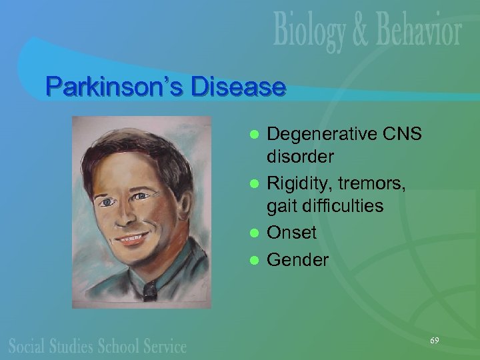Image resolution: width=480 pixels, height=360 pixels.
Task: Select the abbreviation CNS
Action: pos(403,134)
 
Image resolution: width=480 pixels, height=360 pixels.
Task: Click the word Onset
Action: pos(292,233)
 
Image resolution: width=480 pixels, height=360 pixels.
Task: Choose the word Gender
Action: pos(298,260)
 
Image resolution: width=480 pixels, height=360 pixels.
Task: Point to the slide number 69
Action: pos(434,341)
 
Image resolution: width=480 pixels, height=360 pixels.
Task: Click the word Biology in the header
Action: pos(312,32)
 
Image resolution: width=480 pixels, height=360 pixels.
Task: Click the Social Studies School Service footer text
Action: pos(97,346)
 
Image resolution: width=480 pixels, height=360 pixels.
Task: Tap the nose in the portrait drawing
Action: pos(123,215)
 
